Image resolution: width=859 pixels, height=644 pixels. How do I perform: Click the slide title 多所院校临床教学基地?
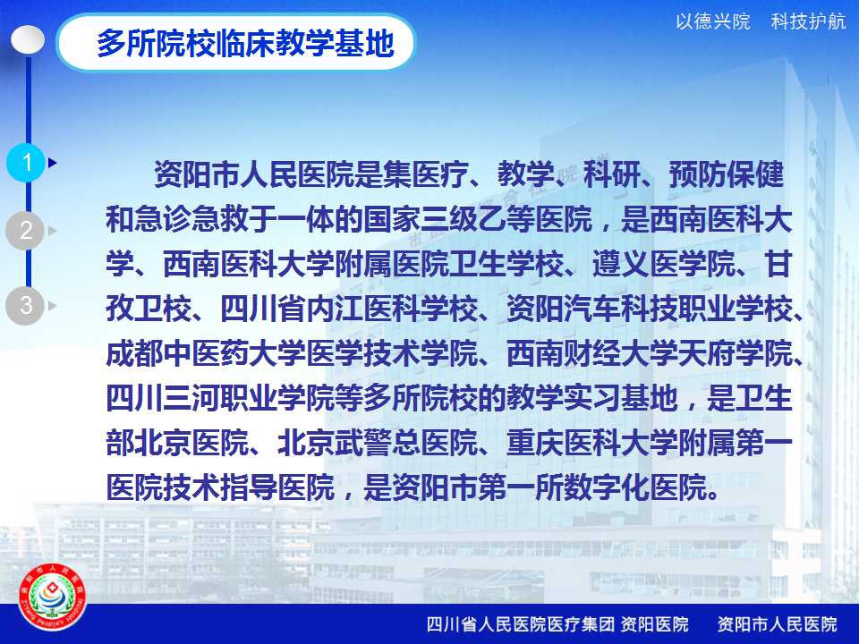(x=245, y=43)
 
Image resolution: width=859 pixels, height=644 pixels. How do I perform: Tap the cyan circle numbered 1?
(x=26, y=162)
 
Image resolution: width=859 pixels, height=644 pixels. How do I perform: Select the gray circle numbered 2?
(x=25, y=230)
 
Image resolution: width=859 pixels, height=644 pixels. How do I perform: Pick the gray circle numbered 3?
(x=25, y=306)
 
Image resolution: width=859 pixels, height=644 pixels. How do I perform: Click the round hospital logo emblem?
(x=52, y=597)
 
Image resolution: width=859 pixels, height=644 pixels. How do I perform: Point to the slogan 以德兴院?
(x=713, y=21)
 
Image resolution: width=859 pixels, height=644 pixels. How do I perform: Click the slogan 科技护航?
(x=808, y=21)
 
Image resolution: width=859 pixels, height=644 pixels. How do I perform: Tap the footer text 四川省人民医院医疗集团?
(x=520, y=623)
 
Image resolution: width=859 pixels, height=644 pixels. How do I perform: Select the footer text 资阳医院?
(x=655, y=623)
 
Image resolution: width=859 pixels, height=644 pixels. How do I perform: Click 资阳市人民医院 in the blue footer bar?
(x=777, y=623)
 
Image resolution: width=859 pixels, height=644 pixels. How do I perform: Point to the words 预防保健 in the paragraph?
(x=727, y=174)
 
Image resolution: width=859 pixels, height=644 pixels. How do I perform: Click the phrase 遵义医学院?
(x=664, y=264)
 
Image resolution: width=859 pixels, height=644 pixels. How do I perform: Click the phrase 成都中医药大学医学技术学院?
(x=293, y=353)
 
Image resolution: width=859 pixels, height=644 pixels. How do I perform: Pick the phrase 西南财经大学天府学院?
(x=650, y=353)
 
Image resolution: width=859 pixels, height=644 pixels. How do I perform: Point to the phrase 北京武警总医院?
(x=378, y=443)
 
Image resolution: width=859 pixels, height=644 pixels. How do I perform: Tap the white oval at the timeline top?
(x=28, y=40)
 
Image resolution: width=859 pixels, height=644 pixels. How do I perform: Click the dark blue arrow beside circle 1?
(x=53, y=162)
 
